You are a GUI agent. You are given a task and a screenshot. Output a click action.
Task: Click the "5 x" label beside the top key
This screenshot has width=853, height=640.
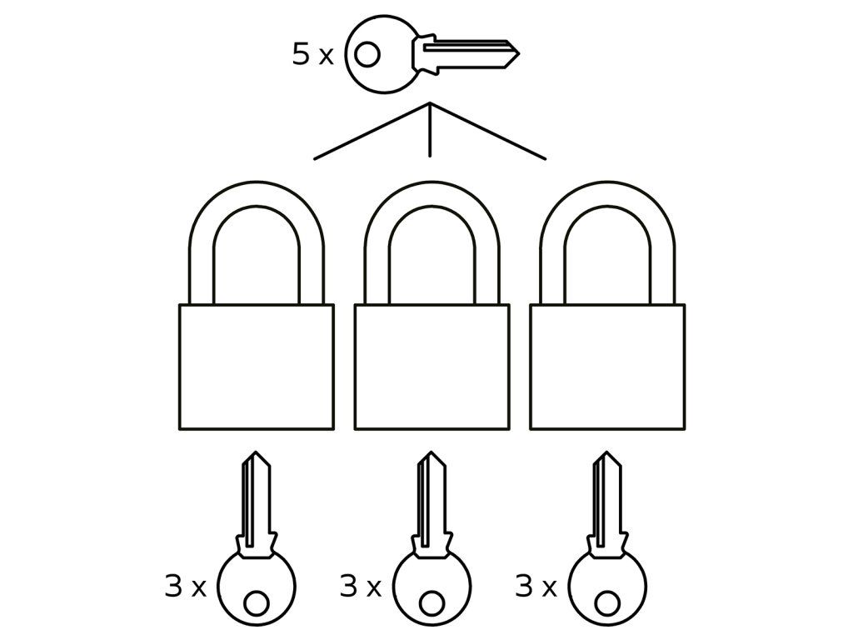click(312, 55)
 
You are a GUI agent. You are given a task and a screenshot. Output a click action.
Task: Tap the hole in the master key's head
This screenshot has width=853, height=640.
click(367, 55)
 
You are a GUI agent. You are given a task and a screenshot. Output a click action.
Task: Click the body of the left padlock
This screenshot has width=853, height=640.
click(257, 367)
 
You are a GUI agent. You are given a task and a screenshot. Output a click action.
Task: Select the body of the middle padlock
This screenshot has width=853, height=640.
click(431, 367)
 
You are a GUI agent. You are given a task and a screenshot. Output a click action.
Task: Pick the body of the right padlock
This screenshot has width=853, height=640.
click(607, 367)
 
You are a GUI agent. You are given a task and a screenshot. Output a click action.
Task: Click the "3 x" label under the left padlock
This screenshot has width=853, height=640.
click(185, 587)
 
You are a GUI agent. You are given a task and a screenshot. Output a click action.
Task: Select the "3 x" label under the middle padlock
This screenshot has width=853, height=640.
click(360, 587)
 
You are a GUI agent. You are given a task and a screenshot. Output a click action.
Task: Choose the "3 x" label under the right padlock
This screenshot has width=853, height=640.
click(536, 587)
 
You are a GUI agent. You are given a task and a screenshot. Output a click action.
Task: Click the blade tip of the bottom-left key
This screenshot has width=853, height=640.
click(256, 457)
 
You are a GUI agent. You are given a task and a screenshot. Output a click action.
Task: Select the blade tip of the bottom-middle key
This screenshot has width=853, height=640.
click(431, 457)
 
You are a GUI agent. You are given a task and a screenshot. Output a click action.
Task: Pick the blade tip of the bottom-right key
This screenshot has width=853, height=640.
click(606, 457)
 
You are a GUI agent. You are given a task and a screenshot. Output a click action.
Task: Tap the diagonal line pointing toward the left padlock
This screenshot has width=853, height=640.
click(371, 132)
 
